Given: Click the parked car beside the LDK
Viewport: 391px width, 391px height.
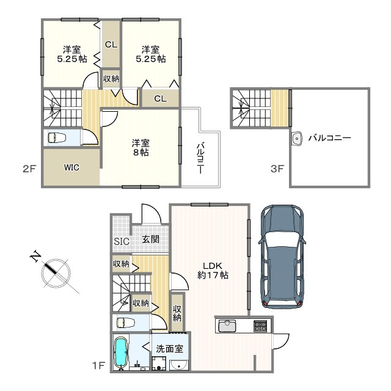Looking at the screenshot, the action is pos(282,257).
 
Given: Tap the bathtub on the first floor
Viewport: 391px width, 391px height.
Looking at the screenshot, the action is pos(121,353).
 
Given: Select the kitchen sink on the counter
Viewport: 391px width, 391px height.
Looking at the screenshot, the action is pos(227,326).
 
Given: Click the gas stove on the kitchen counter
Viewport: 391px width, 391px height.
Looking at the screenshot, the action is pos(260,326).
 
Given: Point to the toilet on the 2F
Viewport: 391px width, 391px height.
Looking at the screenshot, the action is pos(57,137).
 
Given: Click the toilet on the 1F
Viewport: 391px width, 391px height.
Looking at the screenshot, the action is pos(126,323).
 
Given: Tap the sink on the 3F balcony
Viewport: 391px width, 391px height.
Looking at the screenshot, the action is pos(296,138).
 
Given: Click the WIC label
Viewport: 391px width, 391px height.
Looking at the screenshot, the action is pos(71,167).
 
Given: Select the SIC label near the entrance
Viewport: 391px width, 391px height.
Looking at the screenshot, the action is pos(122,241).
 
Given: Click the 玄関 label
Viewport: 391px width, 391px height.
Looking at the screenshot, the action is pos(151,239).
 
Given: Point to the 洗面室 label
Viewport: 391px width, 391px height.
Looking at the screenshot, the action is pos(170,349).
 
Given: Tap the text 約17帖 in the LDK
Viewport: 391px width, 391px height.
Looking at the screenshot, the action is pos(213,275).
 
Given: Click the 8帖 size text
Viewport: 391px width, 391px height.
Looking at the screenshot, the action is pos(141,152).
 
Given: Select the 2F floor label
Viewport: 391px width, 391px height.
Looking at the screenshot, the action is pos(30,169).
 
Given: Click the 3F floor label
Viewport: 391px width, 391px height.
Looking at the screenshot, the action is pos(277,169).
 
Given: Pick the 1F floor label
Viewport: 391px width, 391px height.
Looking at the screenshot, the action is pos(98,365).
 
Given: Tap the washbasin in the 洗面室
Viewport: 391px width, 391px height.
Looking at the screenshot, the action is pos(179,365).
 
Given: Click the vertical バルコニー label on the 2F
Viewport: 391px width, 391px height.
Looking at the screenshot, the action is pos(201,158).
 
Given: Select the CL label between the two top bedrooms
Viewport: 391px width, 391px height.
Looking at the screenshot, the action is pos(111,45).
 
